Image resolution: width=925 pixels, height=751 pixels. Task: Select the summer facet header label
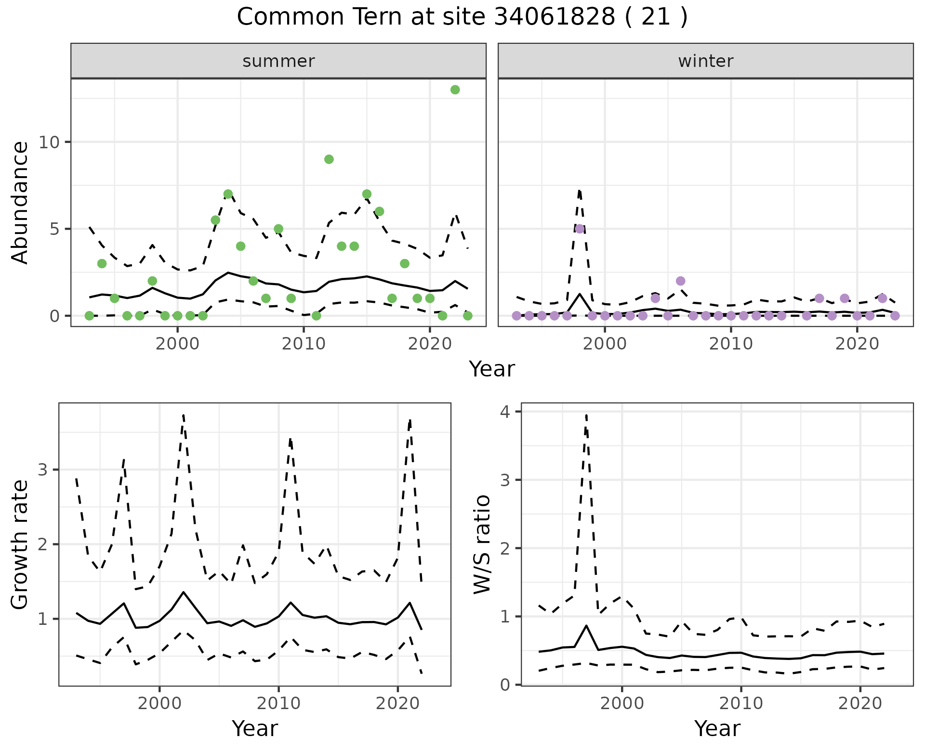[x=278, y=61]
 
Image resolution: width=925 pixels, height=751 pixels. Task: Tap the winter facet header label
[x=705, y=61]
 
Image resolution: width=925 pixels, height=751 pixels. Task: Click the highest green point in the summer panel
[x=455, y=90]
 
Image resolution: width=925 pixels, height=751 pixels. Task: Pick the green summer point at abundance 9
[x=329, y=159]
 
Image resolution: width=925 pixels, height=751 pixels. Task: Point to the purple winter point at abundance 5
[x=580, y=229]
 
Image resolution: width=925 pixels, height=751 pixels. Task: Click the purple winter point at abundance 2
[x=680, y=281]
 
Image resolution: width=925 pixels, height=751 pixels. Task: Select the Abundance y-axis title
[x=20, y=202]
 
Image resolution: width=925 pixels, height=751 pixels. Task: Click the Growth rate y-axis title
[x=20, y=544]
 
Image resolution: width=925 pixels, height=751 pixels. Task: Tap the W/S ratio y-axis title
[x=482, y=544]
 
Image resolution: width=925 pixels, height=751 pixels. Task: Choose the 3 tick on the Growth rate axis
[x=42, y=470]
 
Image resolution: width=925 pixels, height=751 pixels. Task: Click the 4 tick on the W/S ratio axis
[x=506, y=412]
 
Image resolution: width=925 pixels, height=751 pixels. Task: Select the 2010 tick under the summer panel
[x=304, y=344]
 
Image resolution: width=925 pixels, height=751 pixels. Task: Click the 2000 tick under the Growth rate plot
[x=159, y=703]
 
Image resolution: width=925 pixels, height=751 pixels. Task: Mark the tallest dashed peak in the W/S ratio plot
[x=586, y=415]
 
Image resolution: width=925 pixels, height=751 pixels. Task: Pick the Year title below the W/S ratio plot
[x=717, y=728]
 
